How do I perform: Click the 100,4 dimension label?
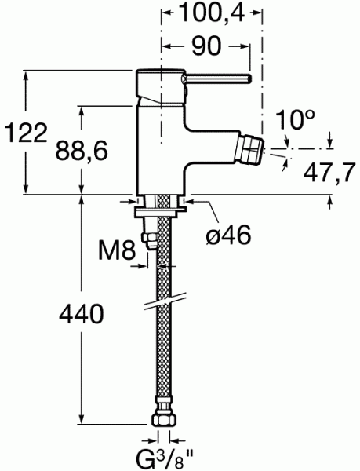[209, 13]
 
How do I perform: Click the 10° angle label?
[296, 120]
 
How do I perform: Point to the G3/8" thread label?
[162, 456]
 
